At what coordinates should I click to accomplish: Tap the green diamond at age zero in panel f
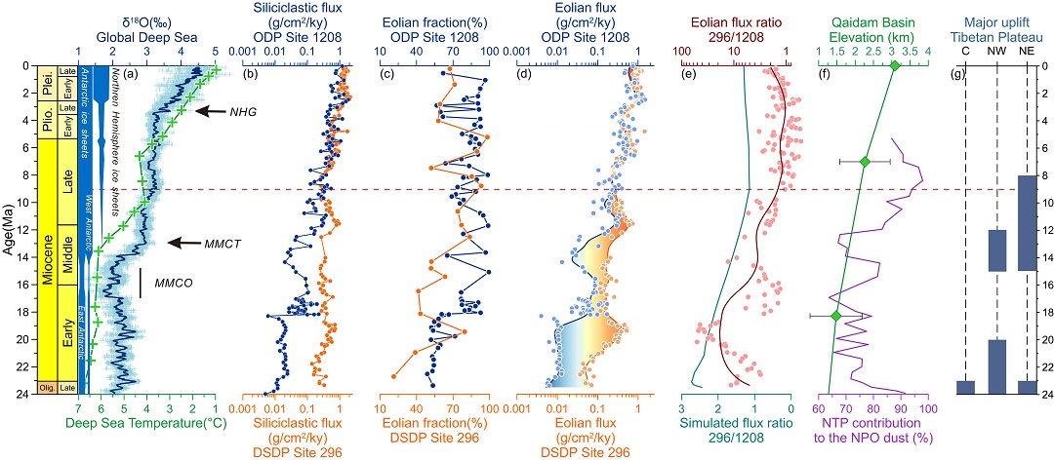895,66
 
